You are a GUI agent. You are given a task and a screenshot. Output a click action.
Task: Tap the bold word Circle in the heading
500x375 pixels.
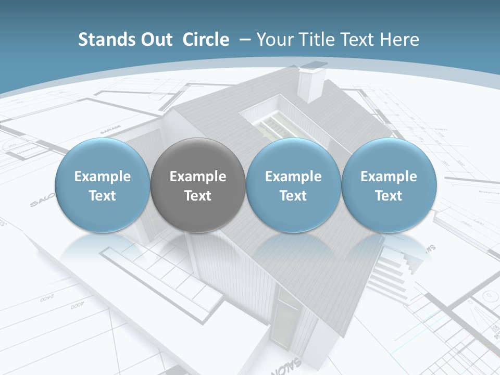coord(206,40)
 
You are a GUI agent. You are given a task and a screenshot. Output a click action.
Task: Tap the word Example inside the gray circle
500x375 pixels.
coord(198,177)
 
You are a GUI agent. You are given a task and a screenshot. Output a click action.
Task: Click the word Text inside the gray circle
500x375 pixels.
coord(198,196)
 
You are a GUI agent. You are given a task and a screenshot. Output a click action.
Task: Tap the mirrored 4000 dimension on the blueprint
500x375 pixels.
coord(77,307)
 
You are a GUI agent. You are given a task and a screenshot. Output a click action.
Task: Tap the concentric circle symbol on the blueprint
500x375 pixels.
coord(490,296)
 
